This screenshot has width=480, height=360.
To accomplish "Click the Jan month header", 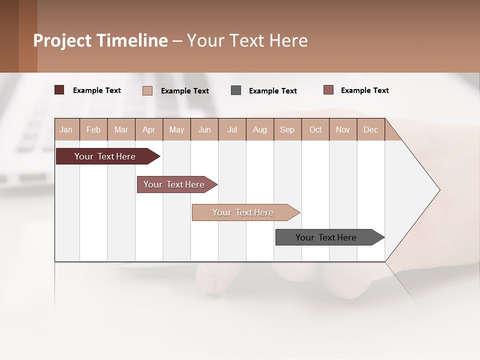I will point(66,129).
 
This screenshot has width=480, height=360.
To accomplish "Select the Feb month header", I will point(93,129).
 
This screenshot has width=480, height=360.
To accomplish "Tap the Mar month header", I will point(121,129).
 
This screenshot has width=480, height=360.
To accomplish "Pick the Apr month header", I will point(149,129).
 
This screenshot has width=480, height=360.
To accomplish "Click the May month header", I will point(176,129).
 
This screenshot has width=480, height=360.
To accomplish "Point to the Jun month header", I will point(204,129).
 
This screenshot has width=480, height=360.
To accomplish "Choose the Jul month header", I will point(232,129).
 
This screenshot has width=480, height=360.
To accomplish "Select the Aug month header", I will point(260,129).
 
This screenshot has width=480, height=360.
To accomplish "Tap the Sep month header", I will point(287,129).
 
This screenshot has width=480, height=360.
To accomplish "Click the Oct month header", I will point(315,129).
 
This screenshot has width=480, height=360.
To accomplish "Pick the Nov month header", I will point(343,129).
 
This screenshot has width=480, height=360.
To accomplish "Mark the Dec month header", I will point(371,129).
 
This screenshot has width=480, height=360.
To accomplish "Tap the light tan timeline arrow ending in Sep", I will point(243,212).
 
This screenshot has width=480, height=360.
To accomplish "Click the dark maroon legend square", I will point(59,90).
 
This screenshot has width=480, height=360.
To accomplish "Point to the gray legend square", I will point(236,90).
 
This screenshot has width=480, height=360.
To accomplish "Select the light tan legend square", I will point(147,90).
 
